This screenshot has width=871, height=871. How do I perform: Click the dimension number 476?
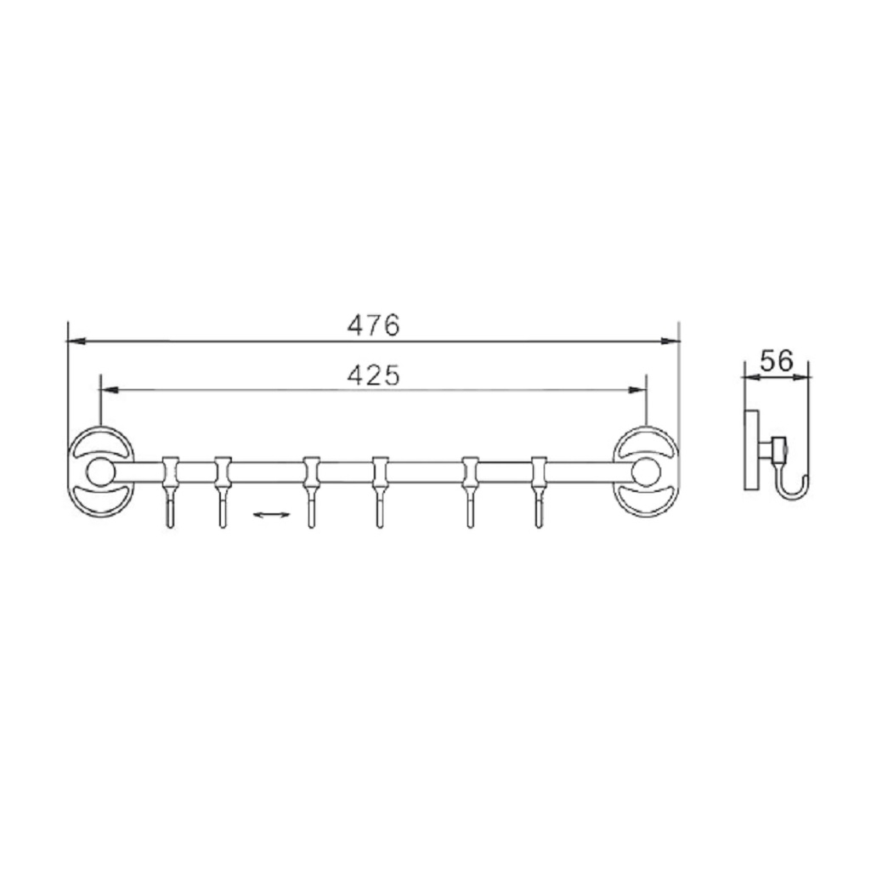373,325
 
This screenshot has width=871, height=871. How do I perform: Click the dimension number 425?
373,375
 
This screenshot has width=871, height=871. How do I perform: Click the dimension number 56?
776,361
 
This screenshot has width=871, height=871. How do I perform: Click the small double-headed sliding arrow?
269,514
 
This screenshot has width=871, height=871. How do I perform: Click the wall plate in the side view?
750,450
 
